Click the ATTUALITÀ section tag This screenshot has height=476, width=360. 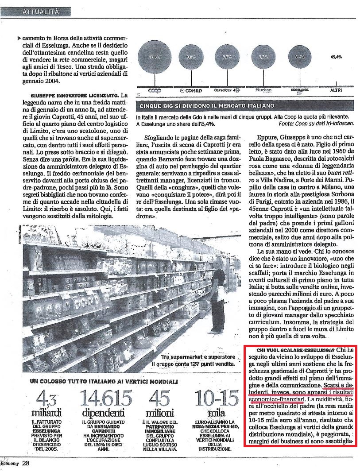40,12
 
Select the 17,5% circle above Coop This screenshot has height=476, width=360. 155,58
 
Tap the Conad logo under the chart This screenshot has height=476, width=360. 191,91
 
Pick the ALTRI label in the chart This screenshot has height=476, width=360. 336,90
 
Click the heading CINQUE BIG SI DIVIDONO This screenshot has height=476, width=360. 207,106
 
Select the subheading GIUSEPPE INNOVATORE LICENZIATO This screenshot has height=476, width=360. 74,96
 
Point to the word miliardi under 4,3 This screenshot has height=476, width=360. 44,414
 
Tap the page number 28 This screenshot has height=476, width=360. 26,463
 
